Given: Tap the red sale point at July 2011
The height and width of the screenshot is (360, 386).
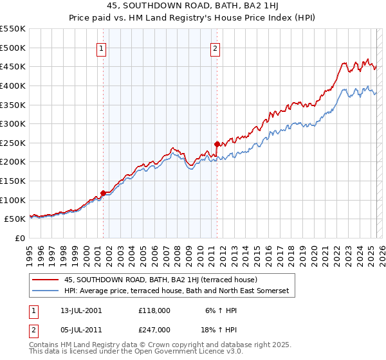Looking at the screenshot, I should (x=217, y=144).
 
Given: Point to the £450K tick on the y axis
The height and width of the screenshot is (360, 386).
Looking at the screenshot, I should (x=14, y=66).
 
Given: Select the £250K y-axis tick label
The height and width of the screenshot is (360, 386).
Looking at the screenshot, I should (x=14, y=143).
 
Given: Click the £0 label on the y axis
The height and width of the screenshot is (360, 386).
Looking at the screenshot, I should (x=19, y=238).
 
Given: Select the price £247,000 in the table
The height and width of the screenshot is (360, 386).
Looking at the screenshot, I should (x=154, y=329).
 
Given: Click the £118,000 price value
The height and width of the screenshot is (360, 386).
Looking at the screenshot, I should (x=154, y=310).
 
